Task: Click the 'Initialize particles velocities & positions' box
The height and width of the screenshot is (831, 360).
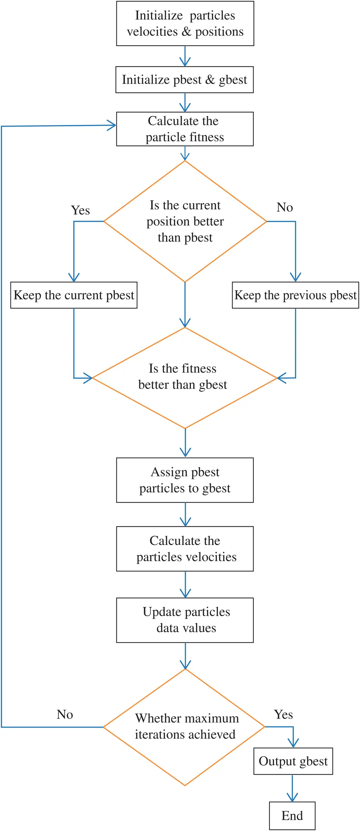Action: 185,24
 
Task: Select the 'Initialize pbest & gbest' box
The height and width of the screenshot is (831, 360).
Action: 184,80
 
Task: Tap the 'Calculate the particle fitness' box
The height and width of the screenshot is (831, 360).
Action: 185,129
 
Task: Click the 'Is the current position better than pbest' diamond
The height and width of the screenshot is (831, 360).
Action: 185,221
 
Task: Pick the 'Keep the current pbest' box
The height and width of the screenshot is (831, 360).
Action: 74,295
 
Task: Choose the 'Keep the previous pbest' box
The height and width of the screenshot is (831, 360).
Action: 295,295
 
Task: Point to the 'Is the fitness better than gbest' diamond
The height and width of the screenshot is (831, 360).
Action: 185,377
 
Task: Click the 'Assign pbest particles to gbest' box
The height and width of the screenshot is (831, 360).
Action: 185,480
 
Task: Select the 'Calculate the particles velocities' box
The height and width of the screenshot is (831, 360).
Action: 185,549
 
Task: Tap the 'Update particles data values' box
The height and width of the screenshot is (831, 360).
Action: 185,620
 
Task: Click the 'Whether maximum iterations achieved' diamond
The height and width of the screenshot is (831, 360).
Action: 185,727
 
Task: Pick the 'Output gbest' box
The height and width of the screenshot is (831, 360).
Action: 293,761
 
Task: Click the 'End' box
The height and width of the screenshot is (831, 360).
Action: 292,816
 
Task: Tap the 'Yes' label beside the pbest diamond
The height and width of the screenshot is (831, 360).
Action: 80,211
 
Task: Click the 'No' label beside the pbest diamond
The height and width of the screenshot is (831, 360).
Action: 285,207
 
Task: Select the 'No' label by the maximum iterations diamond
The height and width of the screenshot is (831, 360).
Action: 65,714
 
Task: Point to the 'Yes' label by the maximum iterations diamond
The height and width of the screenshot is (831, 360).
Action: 284,714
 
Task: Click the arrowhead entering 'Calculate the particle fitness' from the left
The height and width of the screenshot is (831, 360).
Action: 112,126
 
